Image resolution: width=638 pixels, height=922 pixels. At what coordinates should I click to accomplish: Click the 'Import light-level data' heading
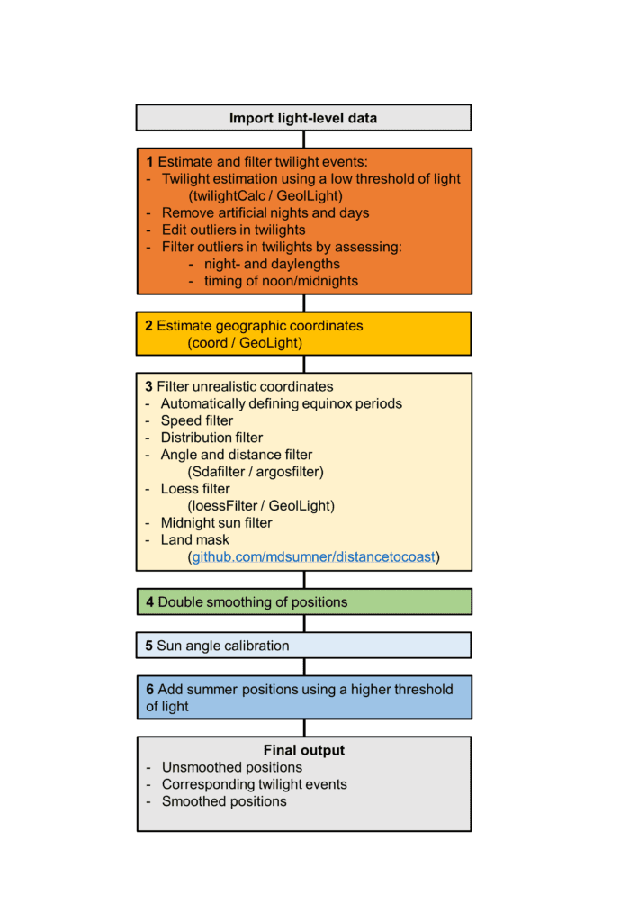point(303,118)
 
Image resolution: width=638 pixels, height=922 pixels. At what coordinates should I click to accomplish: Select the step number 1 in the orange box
point(149,162)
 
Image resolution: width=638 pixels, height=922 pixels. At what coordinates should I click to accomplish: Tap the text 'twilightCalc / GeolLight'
point(265,195)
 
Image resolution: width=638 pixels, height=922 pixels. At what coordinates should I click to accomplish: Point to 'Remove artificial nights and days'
point(265,212)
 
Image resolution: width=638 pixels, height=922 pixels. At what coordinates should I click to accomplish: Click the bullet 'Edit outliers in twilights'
point(233,230)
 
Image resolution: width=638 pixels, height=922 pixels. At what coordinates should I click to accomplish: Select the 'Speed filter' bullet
point(196,420)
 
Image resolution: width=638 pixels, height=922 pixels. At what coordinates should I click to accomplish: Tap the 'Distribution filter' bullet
point(211,438)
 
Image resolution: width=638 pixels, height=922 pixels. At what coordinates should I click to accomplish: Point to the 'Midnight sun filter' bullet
point(216,523)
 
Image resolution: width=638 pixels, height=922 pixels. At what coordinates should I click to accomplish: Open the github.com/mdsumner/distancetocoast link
point(314,557)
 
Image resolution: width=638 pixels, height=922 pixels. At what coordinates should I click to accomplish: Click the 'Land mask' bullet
point(194,540)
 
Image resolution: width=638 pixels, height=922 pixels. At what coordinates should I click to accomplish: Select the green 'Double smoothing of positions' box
point(303,601)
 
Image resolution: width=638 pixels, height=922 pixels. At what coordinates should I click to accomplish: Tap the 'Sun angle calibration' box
point(303,646)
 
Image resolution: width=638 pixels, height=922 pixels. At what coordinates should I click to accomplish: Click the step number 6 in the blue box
point(149,689)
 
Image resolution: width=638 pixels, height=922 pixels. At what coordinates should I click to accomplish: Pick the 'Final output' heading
point(303,750)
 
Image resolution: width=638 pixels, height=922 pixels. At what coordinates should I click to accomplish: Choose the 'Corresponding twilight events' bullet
point(254,784)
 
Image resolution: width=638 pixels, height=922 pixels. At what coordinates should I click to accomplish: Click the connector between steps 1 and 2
point(303,303)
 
